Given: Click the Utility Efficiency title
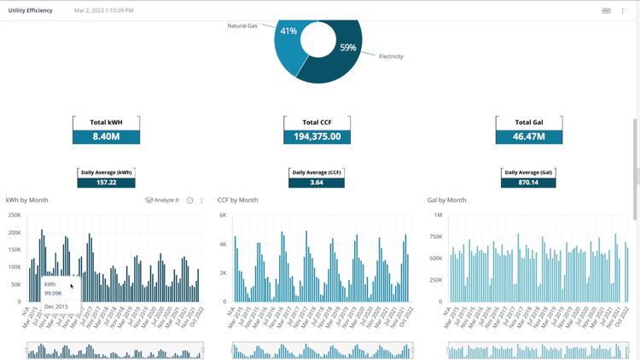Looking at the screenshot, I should (x=30, y=10).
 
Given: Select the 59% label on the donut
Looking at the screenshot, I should (x=347, y=48).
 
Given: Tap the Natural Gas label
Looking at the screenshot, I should (x=241, y=26).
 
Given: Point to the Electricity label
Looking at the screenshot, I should (x=391, y=56).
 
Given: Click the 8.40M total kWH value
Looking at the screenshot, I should (x=106, y=136).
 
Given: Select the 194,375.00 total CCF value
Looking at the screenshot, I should (x=317, y=136).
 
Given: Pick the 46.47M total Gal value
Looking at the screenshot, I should (x=529, y=136).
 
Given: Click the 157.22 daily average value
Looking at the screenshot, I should (x=106, y=183).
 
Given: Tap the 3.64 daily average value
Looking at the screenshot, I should (x=317, y=183).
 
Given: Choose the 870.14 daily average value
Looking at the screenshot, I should (x=529, y=183).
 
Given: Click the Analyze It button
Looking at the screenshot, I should (x=162, y=200).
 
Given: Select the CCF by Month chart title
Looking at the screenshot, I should (x=237, y=200).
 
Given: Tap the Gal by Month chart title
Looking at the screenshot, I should (x=447, y=200).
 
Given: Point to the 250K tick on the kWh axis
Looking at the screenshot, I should (x=15, y=215).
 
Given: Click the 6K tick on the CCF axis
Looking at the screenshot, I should (x=224, y=215).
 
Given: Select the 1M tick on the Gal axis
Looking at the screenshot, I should (x=437, y=215).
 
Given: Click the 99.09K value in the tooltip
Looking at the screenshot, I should (x=53, y=293).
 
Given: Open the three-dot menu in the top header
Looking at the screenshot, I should (x=623, y=10).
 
